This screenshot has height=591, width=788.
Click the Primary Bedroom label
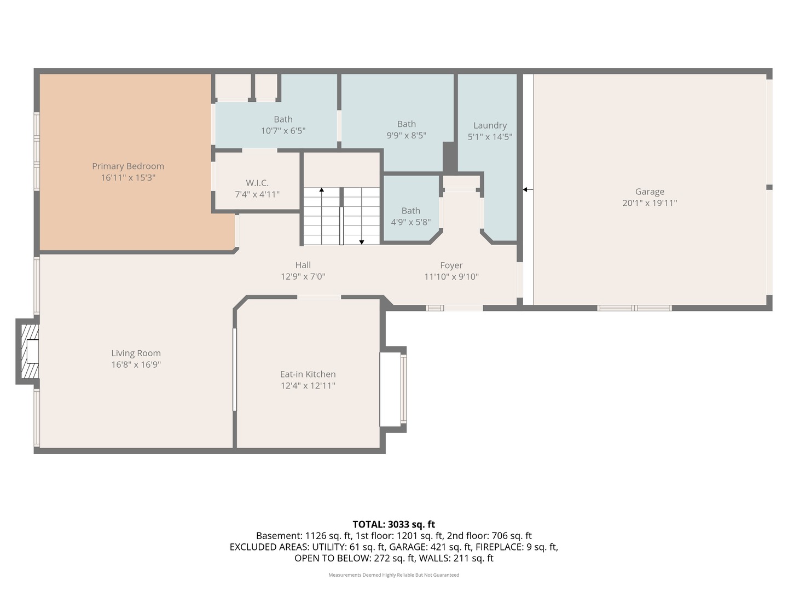coord(128,166)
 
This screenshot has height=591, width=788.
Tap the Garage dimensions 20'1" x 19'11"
coord(650,203)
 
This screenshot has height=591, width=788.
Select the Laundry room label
coord(490,125)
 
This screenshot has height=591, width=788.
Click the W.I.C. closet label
coord(257,183)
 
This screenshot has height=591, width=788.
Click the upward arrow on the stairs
coord(322,190)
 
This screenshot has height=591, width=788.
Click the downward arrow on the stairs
coord(362,241)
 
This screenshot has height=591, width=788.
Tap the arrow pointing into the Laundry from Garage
coord(528,190)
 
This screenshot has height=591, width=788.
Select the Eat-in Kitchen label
coord(308,374)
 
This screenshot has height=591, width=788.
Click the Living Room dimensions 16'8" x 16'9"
coord(136,365)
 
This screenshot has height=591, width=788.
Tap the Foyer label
coord(451,265)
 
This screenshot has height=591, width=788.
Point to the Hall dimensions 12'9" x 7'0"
coord(303,277)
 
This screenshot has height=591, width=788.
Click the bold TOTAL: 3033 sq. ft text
coord(393,524)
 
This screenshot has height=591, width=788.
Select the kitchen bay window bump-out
coord(393,389)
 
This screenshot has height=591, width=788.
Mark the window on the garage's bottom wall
coord(634,308)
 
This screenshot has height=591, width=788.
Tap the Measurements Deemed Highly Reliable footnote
coord(393,575)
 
